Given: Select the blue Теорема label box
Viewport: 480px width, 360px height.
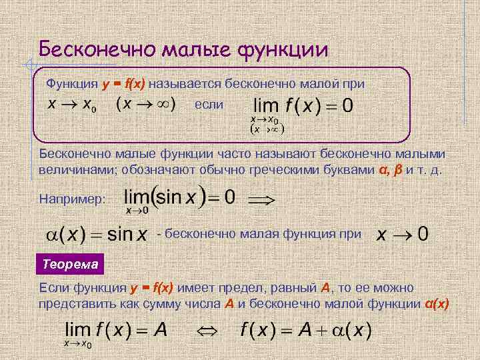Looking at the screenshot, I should [70, 264].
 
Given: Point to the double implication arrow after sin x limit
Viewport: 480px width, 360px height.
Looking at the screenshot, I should [261, 199].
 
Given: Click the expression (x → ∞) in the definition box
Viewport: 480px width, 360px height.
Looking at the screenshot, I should [146, 105].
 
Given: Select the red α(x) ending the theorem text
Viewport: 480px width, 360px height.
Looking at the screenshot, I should [437, 303].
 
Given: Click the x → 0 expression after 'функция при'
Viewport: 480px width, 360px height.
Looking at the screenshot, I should [403, 235].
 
